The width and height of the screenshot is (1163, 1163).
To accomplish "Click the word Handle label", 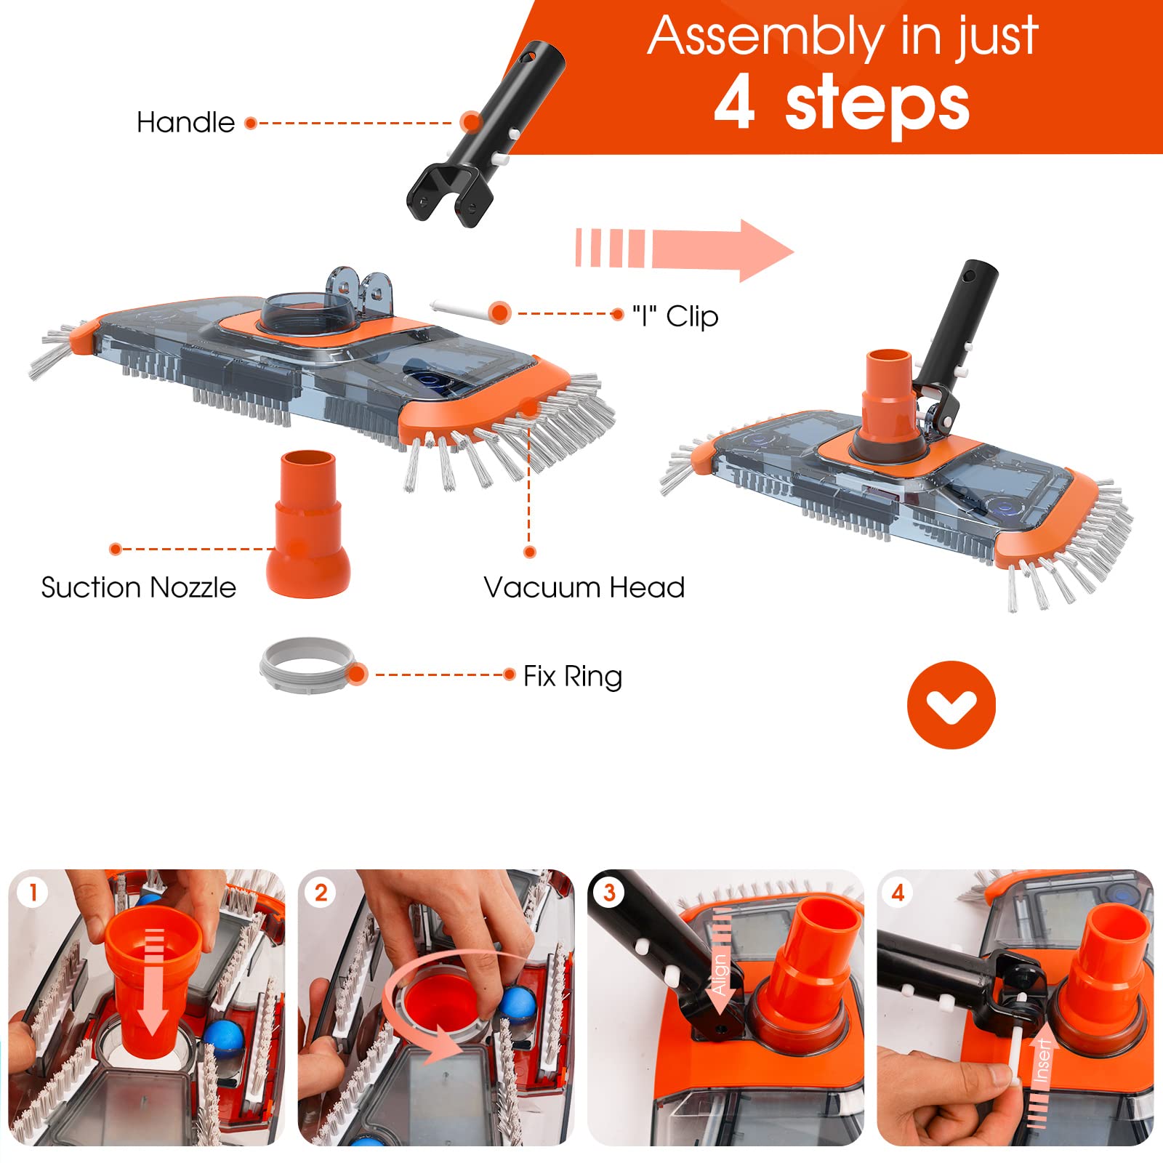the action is coord(186,122).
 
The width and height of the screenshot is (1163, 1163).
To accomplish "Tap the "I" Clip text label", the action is coord(675,316).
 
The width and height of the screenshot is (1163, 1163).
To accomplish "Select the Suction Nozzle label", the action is coord(139,587).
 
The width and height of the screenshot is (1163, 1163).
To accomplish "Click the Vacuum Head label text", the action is coord(584,587).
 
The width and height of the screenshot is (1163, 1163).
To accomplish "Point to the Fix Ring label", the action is coord(573,676).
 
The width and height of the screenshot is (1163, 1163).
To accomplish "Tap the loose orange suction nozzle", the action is coord(308,523).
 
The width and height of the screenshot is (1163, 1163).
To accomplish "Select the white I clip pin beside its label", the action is coord(462,308).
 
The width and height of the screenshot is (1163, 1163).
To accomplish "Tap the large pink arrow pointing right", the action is coord(685,249).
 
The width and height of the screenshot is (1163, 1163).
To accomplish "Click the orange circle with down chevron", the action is coord(951,704).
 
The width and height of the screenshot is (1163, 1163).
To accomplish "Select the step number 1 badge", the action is coord(33,892).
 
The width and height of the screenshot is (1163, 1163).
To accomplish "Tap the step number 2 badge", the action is coord(321,892).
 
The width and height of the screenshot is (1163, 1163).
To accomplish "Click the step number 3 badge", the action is coord(609,892).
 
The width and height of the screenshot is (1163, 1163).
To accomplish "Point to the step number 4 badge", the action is coord(898,892).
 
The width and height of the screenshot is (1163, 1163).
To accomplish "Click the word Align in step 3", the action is coord(719,973).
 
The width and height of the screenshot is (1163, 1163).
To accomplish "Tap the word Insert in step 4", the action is coord(1042,1061).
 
